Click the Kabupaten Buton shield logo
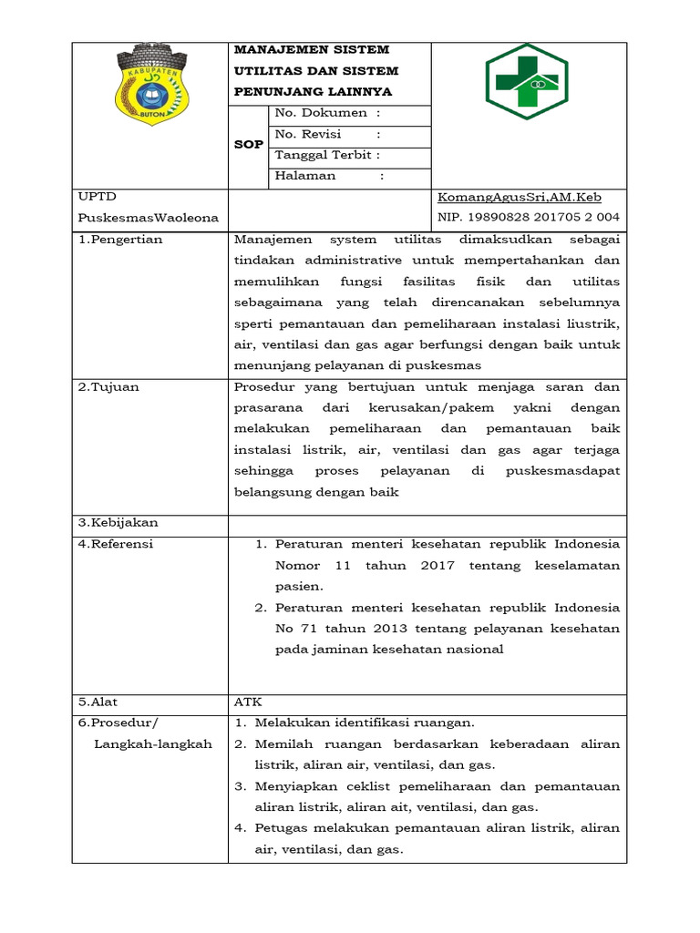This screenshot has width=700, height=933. [149, 87]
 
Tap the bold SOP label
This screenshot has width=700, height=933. [248, 144]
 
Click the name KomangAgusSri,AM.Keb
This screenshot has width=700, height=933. [520, 197]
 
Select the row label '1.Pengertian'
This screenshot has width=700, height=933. [120, 240]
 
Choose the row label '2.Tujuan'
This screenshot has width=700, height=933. [108, 387]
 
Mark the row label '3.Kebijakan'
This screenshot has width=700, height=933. [118, 523]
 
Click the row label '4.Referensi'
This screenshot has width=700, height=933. [116, 544]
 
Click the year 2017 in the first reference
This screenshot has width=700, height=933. [438, 566]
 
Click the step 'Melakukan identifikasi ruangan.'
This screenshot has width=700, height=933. [365, 723]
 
